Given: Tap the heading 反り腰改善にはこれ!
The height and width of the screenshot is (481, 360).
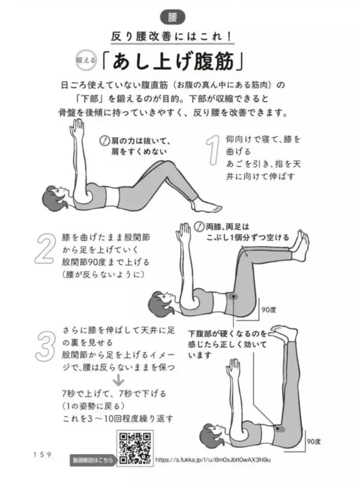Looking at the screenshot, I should [x=181, y=37].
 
